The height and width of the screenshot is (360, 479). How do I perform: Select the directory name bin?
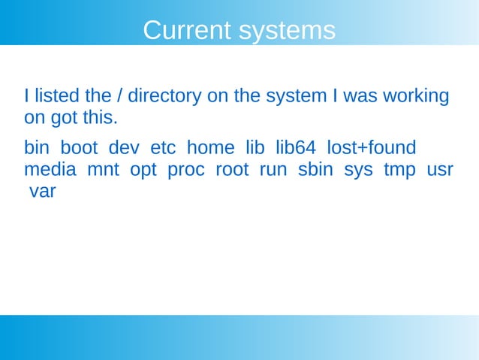tap(37, 147)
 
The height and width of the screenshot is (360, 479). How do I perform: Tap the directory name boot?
tap(79, 147)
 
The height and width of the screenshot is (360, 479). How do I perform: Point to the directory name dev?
tap(125, 147)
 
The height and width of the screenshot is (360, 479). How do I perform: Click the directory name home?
tap(210, 147)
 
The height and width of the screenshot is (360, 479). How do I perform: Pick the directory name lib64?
tap(296, 147)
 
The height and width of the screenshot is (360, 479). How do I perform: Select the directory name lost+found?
tap(371, 147)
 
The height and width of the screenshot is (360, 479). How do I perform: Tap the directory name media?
tap(50, 170)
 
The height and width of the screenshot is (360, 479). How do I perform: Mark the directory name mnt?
tap(103, 170)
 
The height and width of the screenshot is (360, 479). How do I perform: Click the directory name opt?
tap(143, 171)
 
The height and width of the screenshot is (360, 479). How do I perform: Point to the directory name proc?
tap(185, 170)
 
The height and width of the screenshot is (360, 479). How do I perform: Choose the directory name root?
tap(232, 170)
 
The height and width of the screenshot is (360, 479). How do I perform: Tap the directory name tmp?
tap(399, 171)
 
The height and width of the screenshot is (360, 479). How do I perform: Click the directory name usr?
tap(439, 170)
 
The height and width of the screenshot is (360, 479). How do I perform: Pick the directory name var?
tap(42, 192)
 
